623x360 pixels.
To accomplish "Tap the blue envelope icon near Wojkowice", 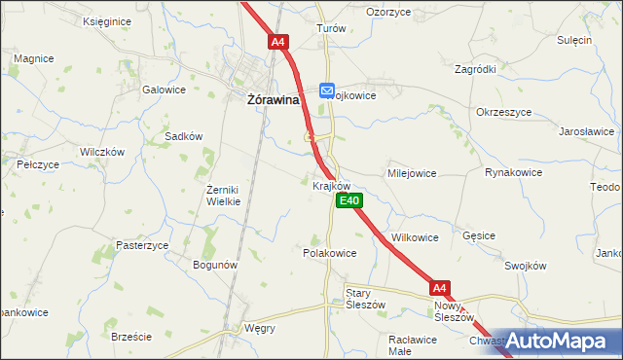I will pyautogui.click(x=327, y=90).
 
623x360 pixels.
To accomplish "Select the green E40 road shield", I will pyautogui.click(x=349, y=200).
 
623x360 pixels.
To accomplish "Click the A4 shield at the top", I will pyautogui.click(x=278, y=42).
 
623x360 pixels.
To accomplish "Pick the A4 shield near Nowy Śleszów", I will pyautogui.click(x=440, y=288).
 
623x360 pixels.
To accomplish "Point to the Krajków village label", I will pyautogui.click(x=331, y=185).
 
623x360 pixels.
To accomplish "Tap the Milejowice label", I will pyautogui.click(x=412, y=173).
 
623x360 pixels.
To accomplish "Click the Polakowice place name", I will pyautogui.click(x=329, y=252).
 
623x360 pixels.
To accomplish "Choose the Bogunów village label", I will pyautogui.click(x=216, y=265).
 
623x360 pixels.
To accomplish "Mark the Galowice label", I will pyautogui.click(x=164, y=90).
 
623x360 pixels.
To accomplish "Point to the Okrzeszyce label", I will pyautogui.click(x=503, y=112).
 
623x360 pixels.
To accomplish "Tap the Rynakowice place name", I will pyautogui.click(x=512, y=173).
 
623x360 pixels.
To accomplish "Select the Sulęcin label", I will pyautogui.click(x=574, y=40).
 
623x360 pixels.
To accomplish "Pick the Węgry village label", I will pyautogui.click(x=259, y=328).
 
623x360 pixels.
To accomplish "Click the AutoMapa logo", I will pyautogui.click(x=562, y=342).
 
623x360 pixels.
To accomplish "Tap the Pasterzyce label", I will pyautogui.click(x=142, y=245).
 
